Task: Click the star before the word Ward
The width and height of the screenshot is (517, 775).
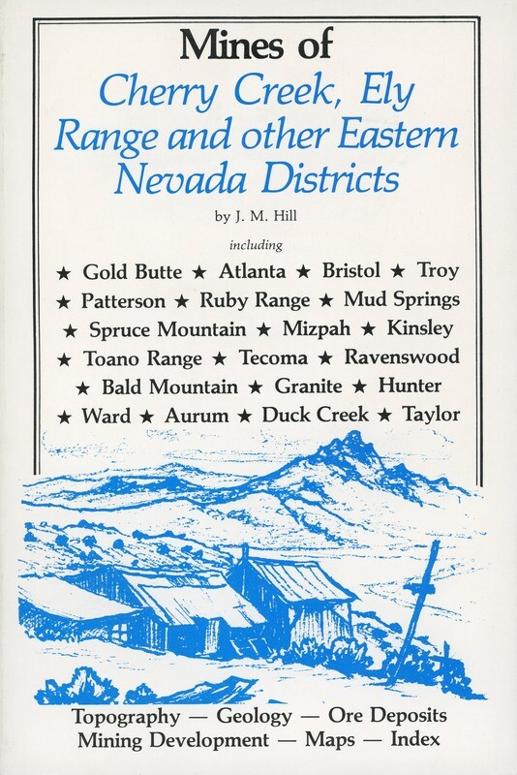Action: click(65, 416)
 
